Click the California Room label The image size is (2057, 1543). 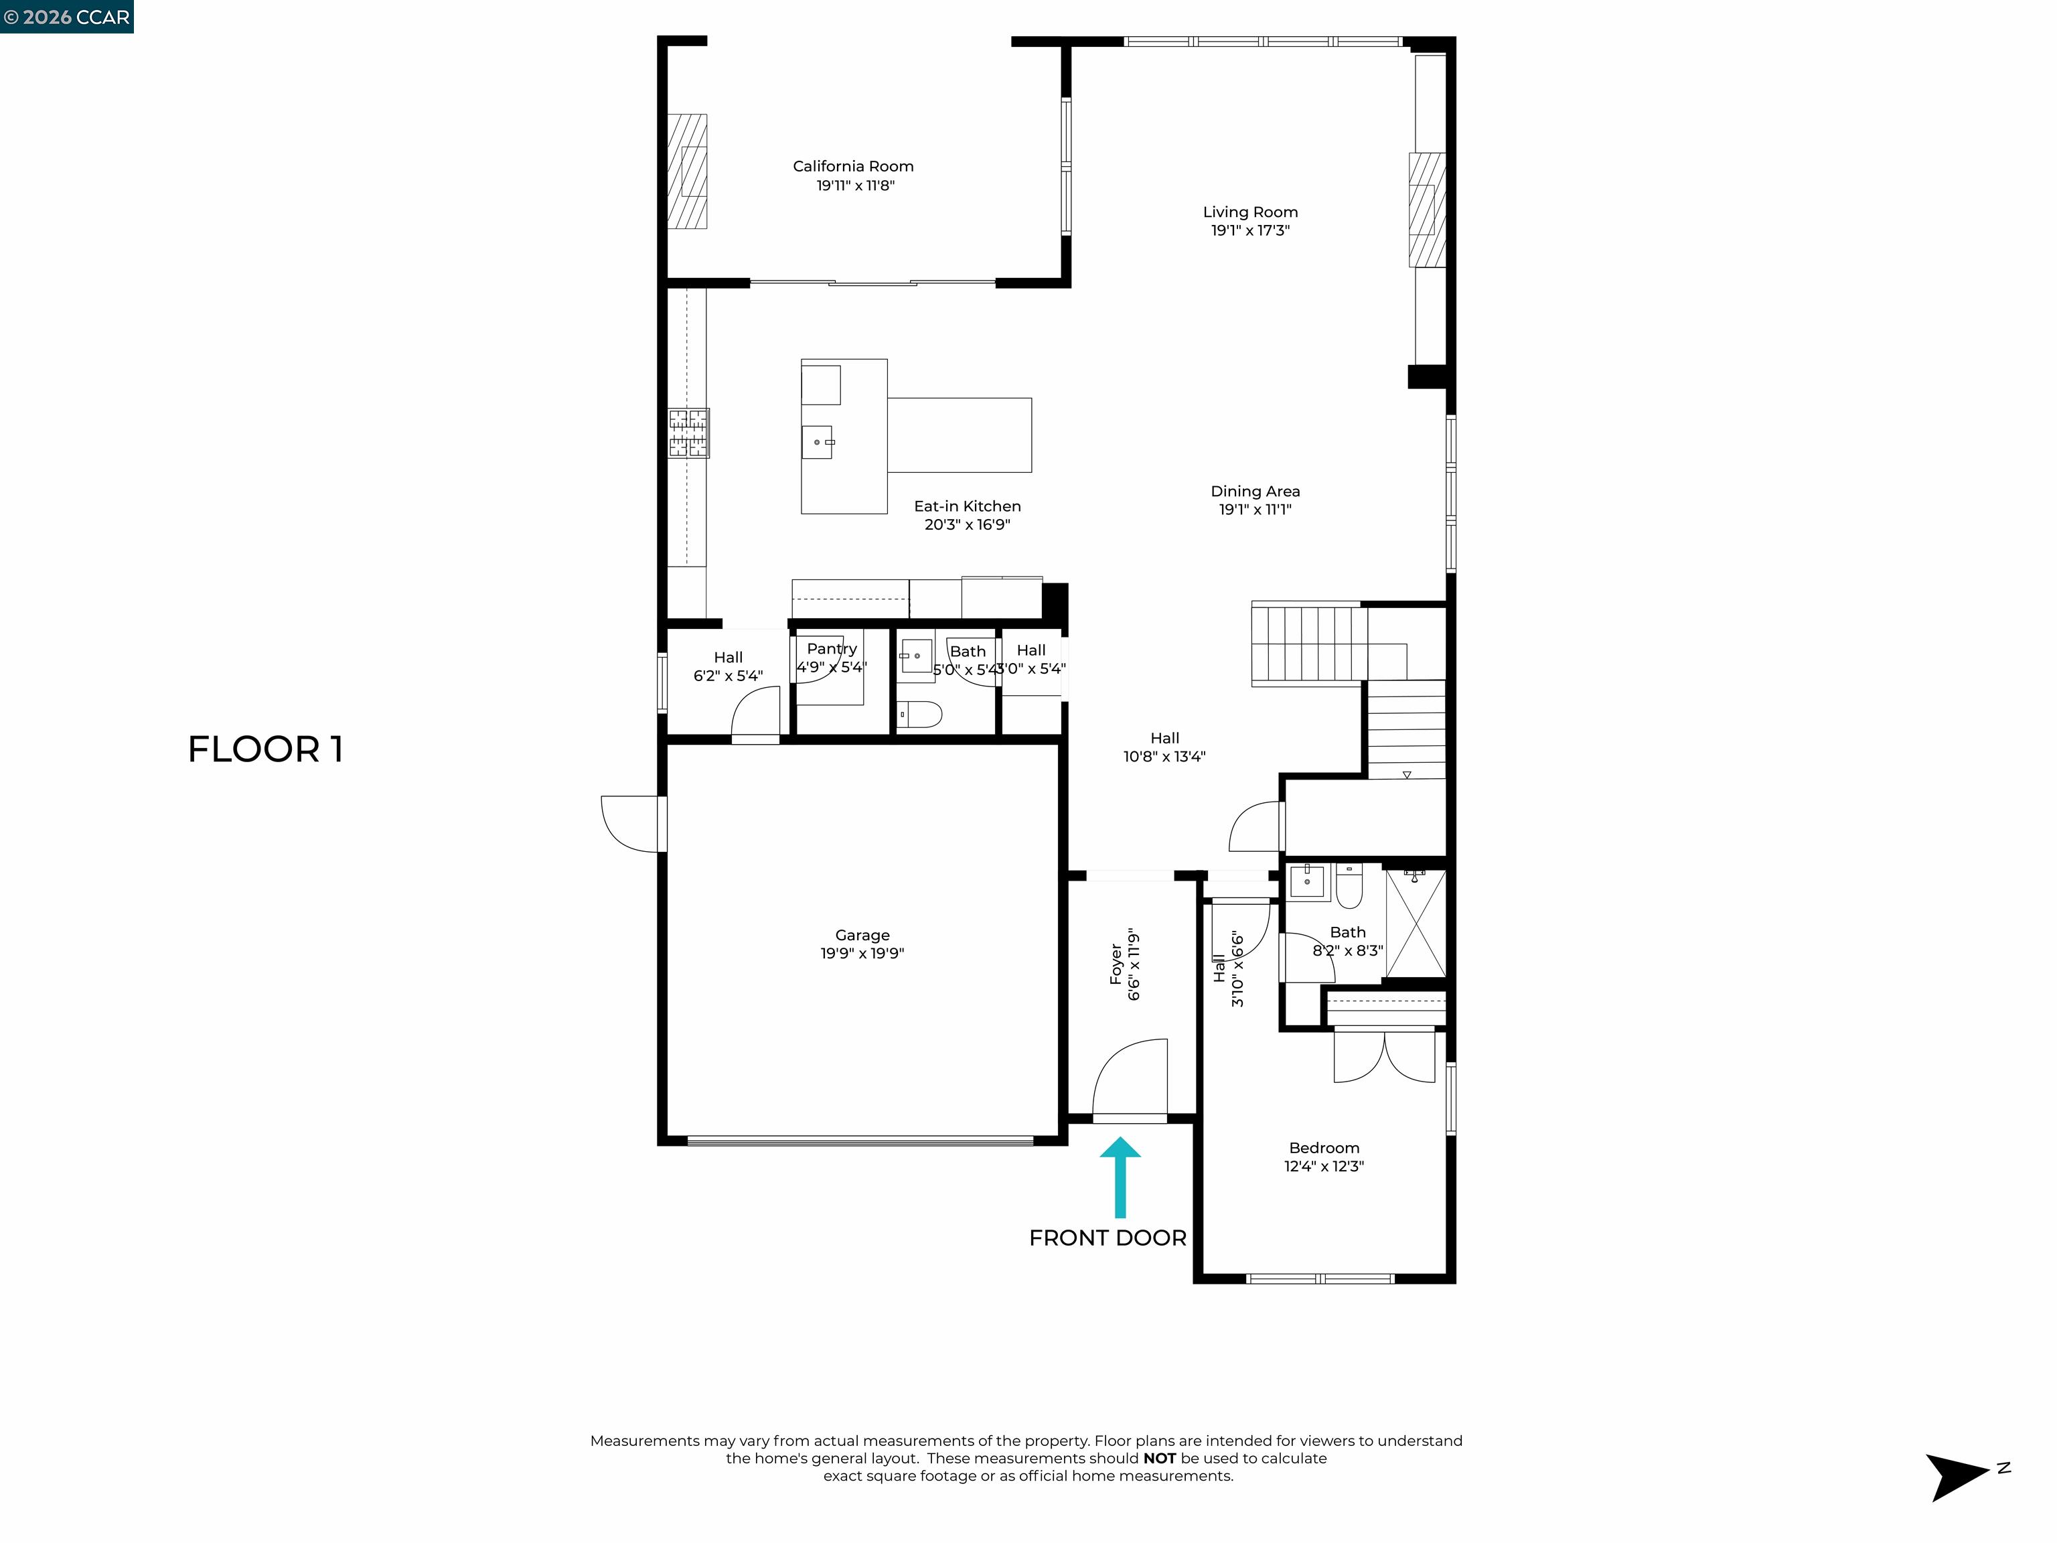pos(853,167)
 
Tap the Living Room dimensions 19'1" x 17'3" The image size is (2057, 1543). pos(1250,230)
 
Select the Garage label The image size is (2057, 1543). pos(862,935)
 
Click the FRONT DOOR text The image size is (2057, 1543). pos(1108,1238)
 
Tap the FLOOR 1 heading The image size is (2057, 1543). pos(266,749)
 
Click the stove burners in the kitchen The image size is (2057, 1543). pos(688,433)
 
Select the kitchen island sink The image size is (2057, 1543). pos(818,442)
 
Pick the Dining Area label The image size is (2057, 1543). pos(1254,491)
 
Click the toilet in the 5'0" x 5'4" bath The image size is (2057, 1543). pos(920,715)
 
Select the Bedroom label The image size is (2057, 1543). pos(1323,1148)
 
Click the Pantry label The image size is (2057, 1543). pos(832,648)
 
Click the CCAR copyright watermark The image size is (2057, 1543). pos(66,17)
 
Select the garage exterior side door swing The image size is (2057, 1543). pos(631,824)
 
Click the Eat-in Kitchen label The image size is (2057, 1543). pos(967,506)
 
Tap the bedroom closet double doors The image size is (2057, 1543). pos(1384,1057)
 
